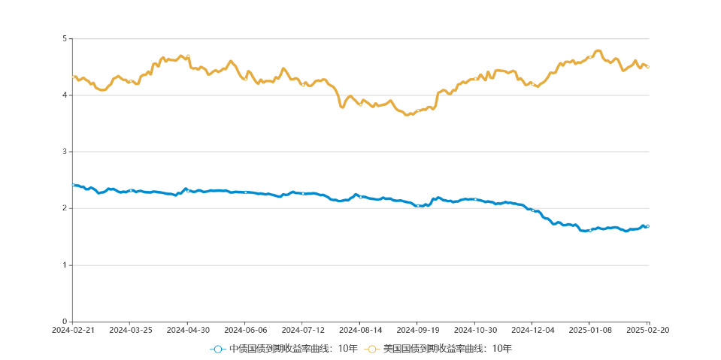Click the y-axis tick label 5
coord(64,38)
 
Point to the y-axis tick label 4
coord(64,95)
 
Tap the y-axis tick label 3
coord(64,152)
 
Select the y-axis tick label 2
coord(64,208)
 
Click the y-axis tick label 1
coord(64,265)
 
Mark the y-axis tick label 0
coord(64,322)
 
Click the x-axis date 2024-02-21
coord(72,330)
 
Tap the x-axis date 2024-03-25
coord(130,330)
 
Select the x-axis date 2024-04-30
coord(187,330)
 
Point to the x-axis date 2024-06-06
coord(245,330)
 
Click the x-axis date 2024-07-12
coord(302,330)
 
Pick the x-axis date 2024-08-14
coord(360,330)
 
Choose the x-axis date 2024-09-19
coord(417,330)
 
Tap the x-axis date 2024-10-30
coord(475,330)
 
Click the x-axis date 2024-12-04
coord(532,330)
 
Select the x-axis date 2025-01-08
coord(590,330)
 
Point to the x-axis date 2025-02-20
coord(648,330)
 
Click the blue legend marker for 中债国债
coord(218,349)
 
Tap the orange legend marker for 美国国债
coord(372,349)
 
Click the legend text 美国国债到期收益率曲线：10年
coord(447,349)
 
